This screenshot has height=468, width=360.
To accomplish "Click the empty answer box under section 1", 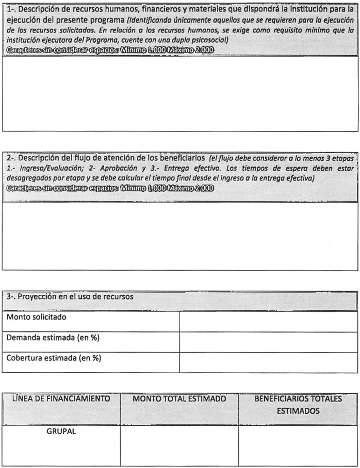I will pos(180,92).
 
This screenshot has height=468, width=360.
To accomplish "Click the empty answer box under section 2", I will pos(180,235).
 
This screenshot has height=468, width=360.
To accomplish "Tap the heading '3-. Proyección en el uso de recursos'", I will pos(70,297).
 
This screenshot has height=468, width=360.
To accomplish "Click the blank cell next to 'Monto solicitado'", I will pos(268,321).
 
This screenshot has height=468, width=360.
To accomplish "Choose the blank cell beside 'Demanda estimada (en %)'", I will pos(268,341).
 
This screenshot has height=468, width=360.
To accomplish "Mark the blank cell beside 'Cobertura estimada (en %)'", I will pos(268,362).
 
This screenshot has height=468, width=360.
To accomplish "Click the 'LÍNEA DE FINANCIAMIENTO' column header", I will pos(61,398).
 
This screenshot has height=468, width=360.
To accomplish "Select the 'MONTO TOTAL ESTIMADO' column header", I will pos(179,398).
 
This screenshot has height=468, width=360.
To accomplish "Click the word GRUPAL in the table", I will pos(61,431).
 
